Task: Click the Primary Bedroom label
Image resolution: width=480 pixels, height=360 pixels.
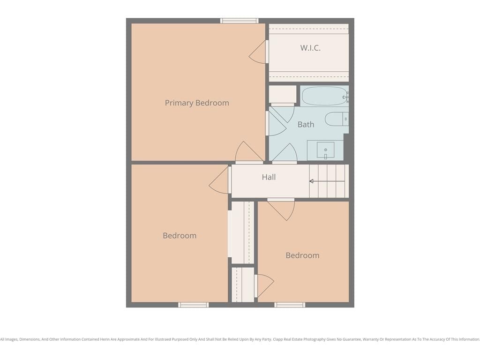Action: click(x=197, y=103)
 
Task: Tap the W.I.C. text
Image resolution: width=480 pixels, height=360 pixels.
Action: click(x=310, y=48)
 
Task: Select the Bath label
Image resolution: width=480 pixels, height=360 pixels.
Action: click(x=306, y=124)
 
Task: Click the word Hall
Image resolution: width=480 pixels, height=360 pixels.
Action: click(x=269, y=177)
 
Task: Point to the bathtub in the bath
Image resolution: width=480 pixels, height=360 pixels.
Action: click(x=325, y=96)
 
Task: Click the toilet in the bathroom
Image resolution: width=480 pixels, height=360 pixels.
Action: click(x=337, y=119)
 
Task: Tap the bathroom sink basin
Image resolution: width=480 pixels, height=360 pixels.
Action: click(x=325, y=150)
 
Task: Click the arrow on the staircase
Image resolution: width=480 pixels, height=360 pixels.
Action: click(x=327, y=181)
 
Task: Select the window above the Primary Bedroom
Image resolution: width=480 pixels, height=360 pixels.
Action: click(x=240, y=21)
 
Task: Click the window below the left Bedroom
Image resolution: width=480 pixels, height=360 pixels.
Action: click(x=194, y=305)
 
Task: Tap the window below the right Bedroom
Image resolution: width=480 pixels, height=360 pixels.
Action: click(x=290, y=305)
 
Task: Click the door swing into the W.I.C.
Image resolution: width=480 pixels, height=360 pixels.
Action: click(x=259, y=52)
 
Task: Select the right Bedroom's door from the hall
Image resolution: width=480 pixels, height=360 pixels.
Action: click(x=281, y=210)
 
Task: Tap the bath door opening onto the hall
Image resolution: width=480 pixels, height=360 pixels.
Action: click(x=285, y=153)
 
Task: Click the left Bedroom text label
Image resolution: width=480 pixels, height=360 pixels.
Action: click(x=180, y=236)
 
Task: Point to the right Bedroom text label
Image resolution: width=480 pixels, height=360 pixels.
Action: click(x=302, y=255)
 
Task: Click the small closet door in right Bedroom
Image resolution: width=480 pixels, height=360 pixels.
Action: click(x=264, y=286)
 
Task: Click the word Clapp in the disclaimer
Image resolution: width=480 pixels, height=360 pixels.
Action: click(x=278, y=339)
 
